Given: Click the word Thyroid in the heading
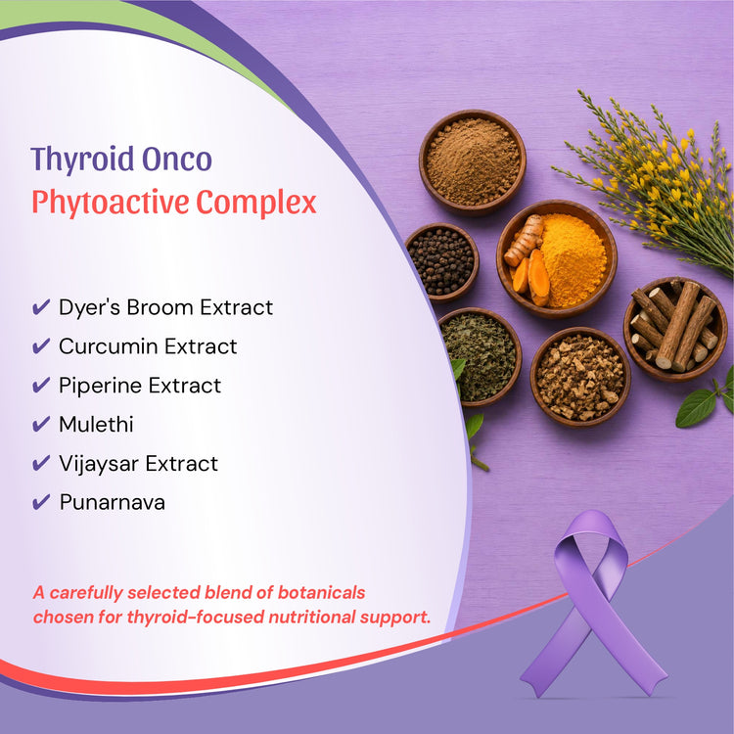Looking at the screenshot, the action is coord(82,160).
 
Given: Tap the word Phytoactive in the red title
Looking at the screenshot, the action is coord(110,203).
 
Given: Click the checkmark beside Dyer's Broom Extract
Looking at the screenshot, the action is coord(41,307).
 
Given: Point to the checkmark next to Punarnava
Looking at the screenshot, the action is coord(41,502).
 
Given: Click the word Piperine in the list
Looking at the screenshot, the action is coord(100,387).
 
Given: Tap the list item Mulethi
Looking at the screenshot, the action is coord(96,425).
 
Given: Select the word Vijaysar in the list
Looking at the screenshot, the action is coord(99,464).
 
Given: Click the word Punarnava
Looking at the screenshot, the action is coord(112,503).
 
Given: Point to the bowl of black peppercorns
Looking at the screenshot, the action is coord(441,262).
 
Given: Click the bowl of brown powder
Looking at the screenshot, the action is coord(473,162).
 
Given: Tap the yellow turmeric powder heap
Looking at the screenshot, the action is coord(573,258).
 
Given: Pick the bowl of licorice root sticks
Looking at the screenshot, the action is coord(675,328).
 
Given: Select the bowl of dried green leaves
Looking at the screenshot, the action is coord(481,356).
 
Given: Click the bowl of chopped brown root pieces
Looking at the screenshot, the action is coord(580,377).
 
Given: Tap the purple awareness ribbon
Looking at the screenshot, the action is coord(591,604).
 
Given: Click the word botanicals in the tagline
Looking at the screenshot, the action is coord(321,593).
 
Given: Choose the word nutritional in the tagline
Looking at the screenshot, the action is coord(312,617).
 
